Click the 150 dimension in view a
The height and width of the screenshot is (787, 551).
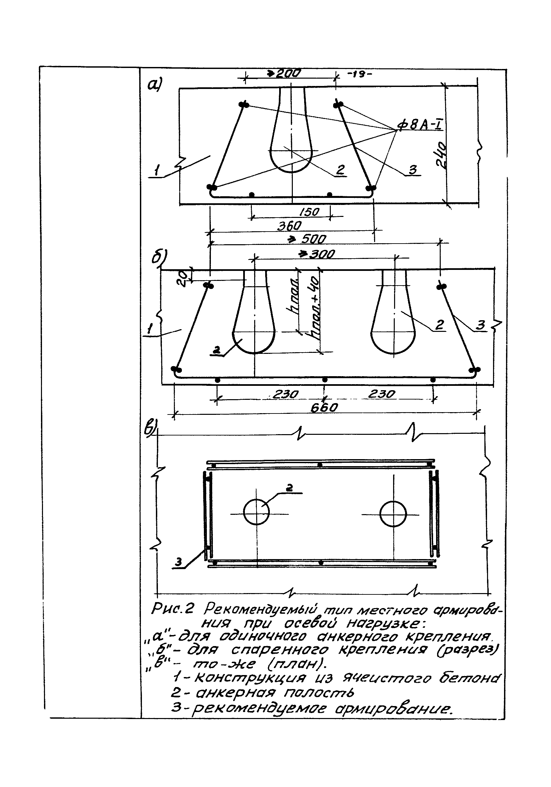click(x=309, y=212)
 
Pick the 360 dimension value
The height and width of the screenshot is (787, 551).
click(x=289, y=226)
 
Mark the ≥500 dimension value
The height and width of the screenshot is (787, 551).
click(x=307, y=239)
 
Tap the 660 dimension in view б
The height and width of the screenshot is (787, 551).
click(x=324, y=407)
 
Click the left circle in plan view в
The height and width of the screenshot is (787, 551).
click(x=256, y=512)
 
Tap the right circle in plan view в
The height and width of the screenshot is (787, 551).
click(x=393, y=514)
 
